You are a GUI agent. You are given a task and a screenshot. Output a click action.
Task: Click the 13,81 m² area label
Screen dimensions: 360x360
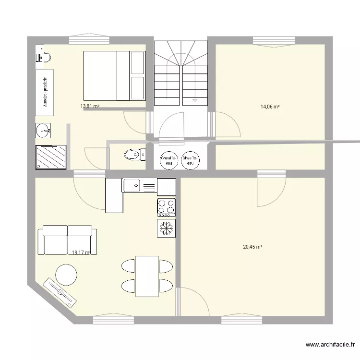pyautogui.click(x=90, y=106)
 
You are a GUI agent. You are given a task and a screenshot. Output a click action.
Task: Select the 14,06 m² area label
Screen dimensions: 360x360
pyautogui.click(x=270, y=107)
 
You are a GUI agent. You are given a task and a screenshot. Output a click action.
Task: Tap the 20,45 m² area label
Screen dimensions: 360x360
pyautogui.click(x=252, y=247)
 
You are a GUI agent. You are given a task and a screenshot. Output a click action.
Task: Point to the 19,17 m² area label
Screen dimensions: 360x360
pyautogui.click(x=81, y=252)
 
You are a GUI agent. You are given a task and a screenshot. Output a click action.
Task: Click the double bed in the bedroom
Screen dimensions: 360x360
pyautogui.click(x=114, y=75)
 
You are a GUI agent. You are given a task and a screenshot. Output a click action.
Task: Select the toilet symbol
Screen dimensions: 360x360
pyautogui.click(x=135, y=155)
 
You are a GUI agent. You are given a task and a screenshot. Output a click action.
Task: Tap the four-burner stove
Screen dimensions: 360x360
pyautogui.click(x=166, y=207)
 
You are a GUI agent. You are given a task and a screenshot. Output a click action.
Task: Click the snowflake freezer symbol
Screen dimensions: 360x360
pyautogui.click(x=166, y=228)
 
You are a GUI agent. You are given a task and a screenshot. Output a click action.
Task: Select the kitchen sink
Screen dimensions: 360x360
pyautogui.click(x=139, y=185)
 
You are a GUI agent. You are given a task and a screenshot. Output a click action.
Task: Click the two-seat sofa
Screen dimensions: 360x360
pyautogui.click(x=67, y=240)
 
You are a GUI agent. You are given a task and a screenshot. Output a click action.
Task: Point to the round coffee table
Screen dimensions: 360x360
pyautogui.click(x=66, y=275)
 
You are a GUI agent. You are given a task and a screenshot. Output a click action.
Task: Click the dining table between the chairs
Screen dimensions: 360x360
pyautogui.click(x=147, y=276)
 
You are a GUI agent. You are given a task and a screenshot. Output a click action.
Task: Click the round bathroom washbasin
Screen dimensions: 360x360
pyautogui.click(x=44, y=130)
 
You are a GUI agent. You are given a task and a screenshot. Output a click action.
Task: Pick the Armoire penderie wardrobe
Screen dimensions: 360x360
pyautogui.click(x=45, y=92)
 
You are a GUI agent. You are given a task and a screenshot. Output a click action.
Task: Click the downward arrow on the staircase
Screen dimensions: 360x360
pyautogui.click(x=194, y=100)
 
